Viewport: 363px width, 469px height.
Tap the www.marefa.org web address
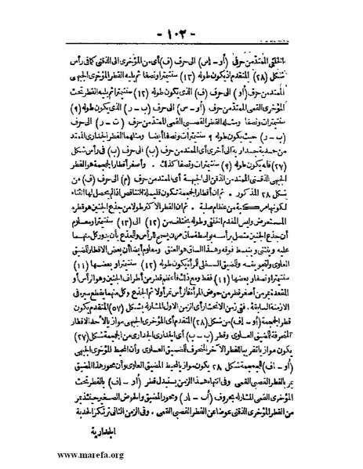[x=59, y=457]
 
